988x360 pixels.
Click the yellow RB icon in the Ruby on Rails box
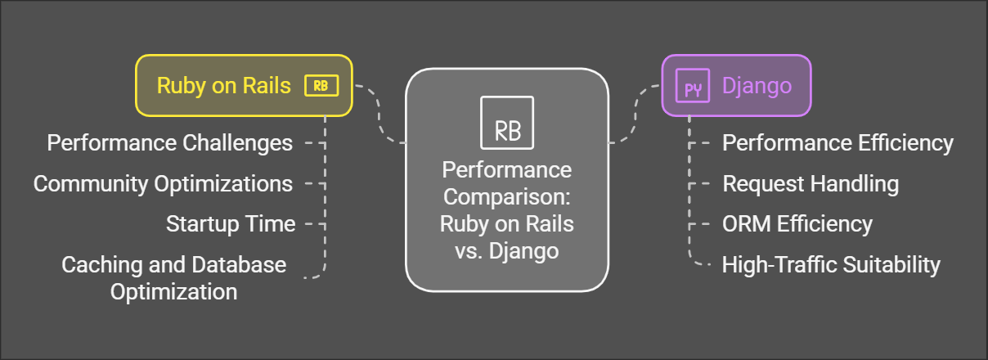[x=321, y=86]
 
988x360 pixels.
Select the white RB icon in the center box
[x=507, y=123]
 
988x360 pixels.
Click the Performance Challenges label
[x=169, y=143]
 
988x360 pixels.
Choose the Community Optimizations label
[x=163, y=183]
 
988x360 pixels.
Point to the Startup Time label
[x=230, y=223]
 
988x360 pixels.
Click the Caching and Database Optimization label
[x=174, y=277]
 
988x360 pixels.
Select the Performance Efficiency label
[x=838, y=143]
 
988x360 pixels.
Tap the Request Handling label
[x=811, y=183]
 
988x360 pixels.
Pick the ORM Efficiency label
[x=797, y=223]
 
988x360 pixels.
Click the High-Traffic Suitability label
[x=831, y=264]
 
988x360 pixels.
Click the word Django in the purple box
[x=757, y=86]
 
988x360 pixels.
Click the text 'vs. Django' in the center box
[x=507, y=250]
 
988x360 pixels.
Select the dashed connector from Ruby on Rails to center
[x=380, y=115]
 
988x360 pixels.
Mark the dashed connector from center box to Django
[x=635, y=115]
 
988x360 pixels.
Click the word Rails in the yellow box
[x=266, y=86]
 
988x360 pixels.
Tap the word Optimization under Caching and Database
[x=174, y=291]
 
